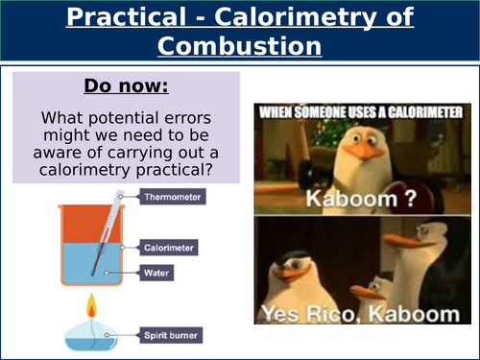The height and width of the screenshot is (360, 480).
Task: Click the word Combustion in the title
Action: [x=239, y=46]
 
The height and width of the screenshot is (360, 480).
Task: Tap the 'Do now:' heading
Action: [x=126, y=86]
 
